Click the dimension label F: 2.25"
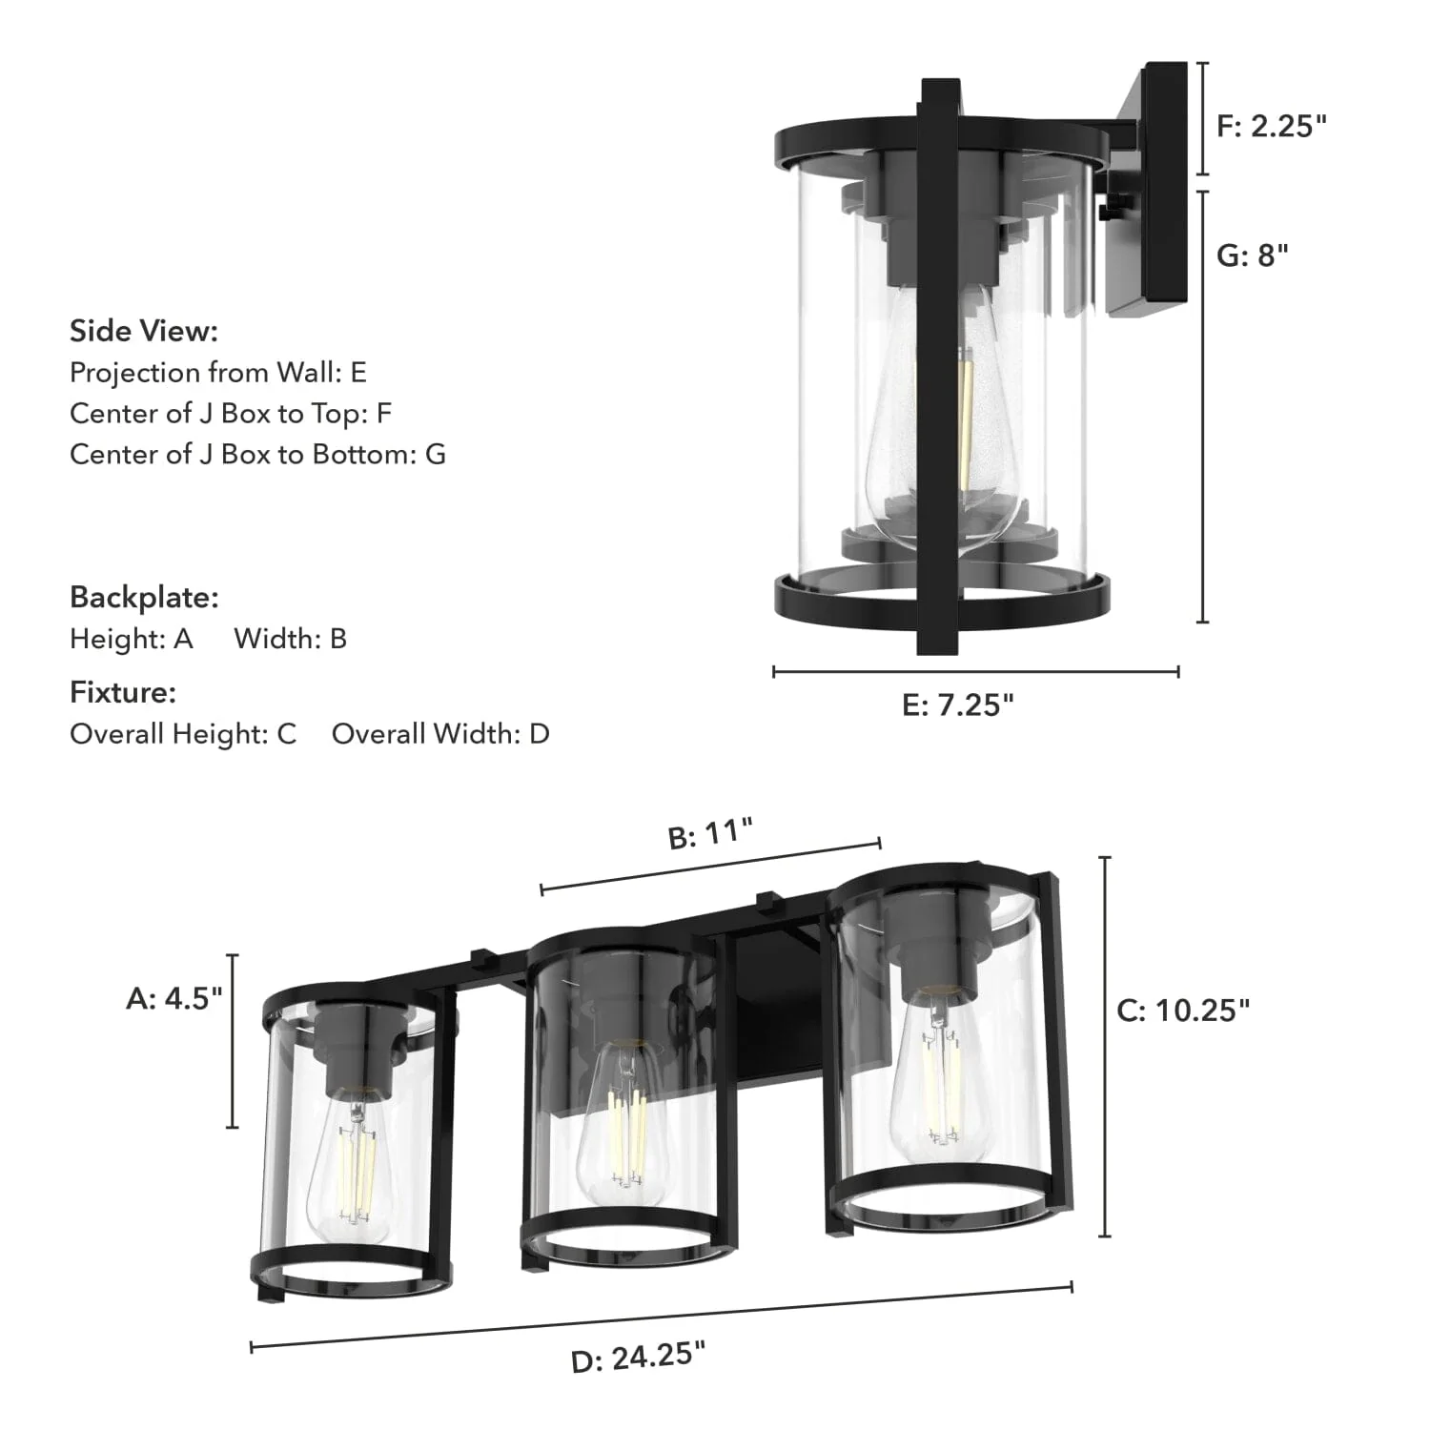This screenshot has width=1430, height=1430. point(1272,126)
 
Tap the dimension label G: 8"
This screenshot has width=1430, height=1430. point(1253,255)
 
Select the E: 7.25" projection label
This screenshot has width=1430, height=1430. point(957,705)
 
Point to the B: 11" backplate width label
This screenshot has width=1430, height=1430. point(710,833)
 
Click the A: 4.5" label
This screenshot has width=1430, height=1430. point(174,998)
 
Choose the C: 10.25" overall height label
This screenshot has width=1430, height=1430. point(1183,1011)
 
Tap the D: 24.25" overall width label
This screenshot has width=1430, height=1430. point(638,1358)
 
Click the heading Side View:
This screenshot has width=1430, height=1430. point(144,331)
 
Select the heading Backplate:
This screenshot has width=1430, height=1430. point(144,598)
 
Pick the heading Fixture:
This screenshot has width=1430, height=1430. point(123,692)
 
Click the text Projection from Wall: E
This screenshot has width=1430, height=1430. point(218,372)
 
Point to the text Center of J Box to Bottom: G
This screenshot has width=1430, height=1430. point(257,454)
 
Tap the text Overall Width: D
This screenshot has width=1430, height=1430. point(440,734)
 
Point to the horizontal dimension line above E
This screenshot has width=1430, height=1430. point(975,672)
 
